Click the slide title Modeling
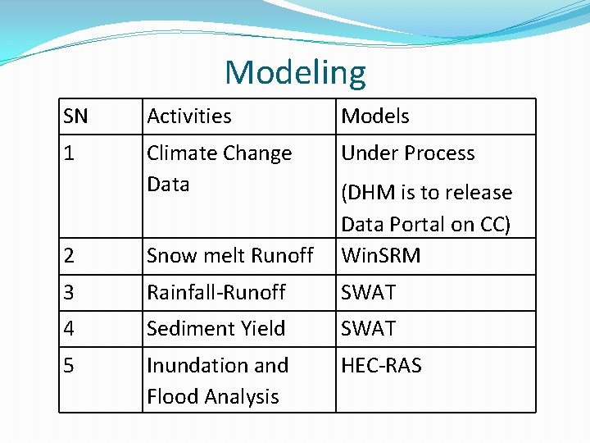tap(295, 72)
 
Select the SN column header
tap(75, 116)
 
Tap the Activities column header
tap(188, 116)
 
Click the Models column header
tap(375, 116)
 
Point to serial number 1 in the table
tap(69, 153)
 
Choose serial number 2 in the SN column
tap(70, 256)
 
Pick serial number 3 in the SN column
tap(70, 293)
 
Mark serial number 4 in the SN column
tap(70, 329)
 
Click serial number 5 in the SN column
tap(70, 366)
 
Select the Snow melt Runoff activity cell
tap(229, 256)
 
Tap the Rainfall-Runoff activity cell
tap(216, 293)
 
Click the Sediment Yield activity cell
tap(216, 329)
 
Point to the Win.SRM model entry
tap(380, 256)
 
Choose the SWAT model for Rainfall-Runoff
tap(369, 293)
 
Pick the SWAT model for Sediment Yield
tap(369, 329)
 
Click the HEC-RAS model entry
tap(381, 366)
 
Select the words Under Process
tap(408, 153)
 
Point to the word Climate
tap(178, 153)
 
